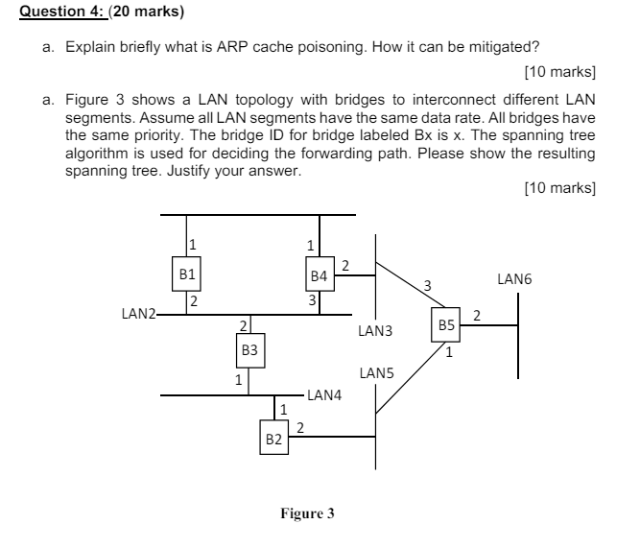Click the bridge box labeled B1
[188, 274]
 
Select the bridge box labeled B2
[273, 439]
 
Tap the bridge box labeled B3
[249, 350]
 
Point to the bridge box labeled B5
[446, 326]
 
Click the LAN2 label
[137, 312]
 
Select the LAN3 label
[374, 331]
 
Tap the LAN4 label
[324, 394]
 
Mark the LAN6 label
[514, 279]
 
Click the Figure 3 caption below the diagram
[307, 513]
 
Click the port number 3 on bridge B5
[427, 285]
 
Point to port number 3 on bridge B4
[312, 301]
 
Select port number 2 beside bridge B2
[300, 427]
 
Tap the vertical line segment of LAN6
[519, 336]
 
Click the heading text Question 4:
[62, 12]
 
